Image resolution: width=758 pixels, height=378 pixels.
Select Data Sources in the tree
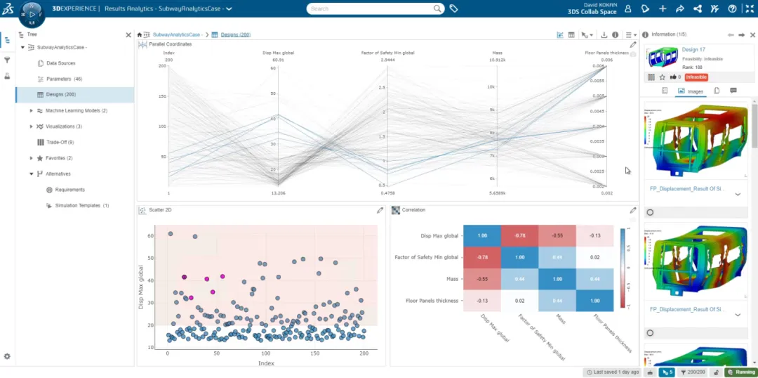tap(61, 63)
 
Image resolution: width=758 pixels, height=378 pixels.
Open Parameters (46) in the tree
tap(64, 79)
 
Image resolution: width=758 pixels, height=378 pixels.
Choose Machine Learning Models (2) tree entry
tap(77, 110)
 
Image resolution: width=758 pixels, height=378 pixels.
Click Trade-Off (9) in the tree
tap(60, 142)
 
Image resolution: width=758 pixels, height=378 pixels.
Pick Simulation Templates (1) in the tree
tap(77, 205)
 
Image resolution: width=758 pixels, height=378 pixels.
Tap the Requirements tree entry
tap(70, 190)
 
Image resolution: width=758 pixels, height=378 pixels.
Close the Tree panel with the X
tap(128, 34)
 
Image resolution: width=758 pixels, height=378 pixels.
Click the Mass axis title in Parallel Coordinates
tap(497, 53)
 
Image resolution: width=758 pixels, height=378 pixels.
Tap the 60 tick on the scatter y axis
tap(149, 236)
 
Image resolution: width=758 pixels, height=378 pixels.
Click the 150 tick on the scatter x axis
tap(315, 355)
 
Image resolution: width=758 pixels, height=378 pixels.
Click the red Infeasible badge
tap(696, 77)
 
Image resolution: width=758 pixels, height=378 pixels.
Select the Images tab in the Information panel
tap(691, 91)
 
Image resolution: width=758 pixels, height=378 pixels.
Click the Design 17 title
tap(694, 50)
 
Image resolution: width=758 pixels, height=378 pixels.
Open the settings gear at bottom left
tap(7, 356)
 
